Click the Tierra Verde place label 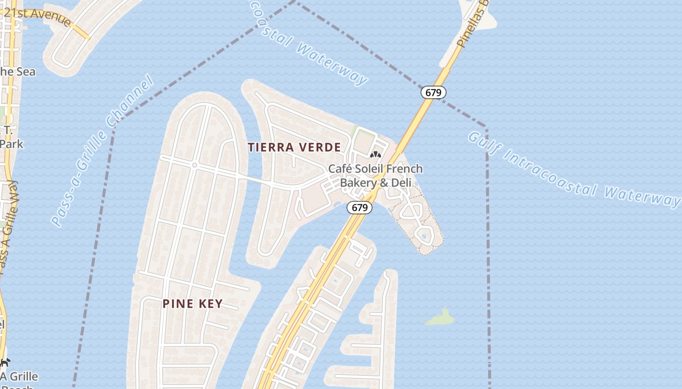[294, 147]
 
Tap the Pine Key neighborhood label [192, 304]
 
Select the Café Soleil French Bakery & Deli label [375, 176]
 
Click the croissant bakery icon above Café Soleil [375, 156]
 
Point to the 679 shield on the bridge [433, 92]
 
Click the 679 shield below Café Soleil [360, 208]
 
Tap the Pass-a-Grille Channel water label [102, 151]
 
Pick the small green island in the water [440, 318]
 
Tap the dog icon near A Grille [5, 362]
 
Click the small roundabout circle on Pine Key [194, 165]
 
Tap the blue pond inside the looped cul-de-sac [424, 236]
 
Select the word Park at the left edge [12, 144]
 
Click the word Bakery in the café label [358, 183]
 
